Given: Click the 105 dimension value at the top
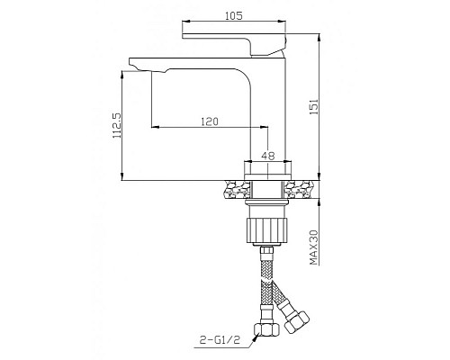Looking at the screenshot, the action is [x=234, y=15].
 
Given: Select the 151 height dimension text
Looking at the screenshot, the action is [x=314, y=107].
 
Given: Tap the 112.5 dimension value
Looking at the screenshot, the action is [x=116, y=125].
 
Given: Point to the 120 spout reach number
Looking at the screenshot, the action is [x=210, y=121].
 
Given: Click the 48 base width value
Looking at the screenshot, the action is [x=268, y=156].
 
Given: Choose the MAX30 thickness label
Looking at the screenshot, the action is [x=314, y=247].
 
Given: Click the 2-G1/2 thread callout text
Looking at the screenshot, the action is [x=220, y=340].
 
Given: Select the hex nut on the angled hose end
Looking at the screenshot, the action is [x=297, y=322].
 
